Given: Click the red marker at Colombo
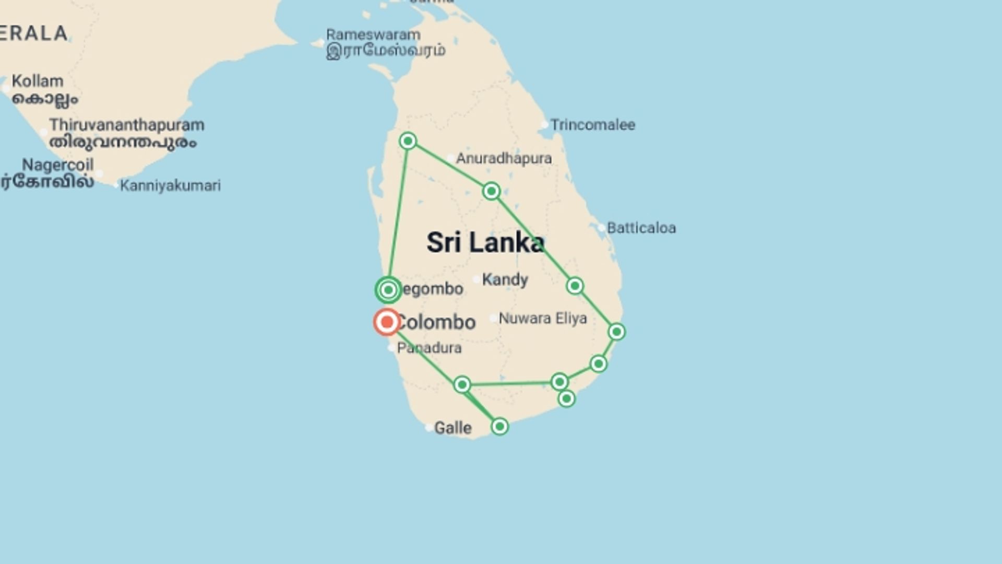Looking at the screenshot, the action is tap(387, 322).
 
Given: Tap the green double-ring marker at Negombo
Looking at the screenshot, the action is tap(388, 290).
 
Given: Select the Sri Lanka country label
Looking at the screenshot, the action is tap(485, 243).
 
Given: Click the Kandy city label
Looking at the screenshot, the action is tap(505, 279).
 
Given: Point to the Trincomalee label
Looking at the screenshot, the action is tap(592, 125).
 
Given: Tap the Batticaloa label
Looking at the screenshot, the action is tap(641, 228).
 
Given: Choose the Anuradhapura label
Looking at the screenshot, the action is tap(504, 158).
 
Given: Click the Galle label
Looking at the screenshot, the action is tap(452, 428).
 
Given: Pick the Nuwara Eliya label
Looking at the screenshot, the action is tap(542, 318).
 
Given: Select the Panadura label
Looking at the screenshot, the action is tap(429, 348).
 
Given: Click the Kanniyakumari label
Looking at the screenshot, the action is tap(170, 185).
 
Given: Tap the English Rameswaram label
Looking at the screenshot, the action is tap(373, 35).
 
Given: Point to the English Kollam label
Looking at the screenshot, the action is tap(37, 81).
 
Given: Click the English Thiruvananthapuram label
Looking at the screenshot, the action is tap(127, 125).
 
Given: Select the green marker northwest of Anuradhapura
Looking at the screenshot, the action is tap(408, 141).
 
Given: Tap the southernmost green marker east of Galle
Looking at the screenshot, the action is tap(499, 427).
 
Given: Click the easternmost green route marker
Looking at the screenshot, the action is tap(616, 332).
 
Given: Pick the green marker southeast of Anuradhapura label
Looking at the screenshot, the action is tap(491, 192).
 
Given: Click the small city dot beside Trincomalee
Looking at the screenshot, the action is tap(544, 125).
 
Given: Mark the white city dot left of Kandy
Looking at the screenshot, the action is tap(476, 279).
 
